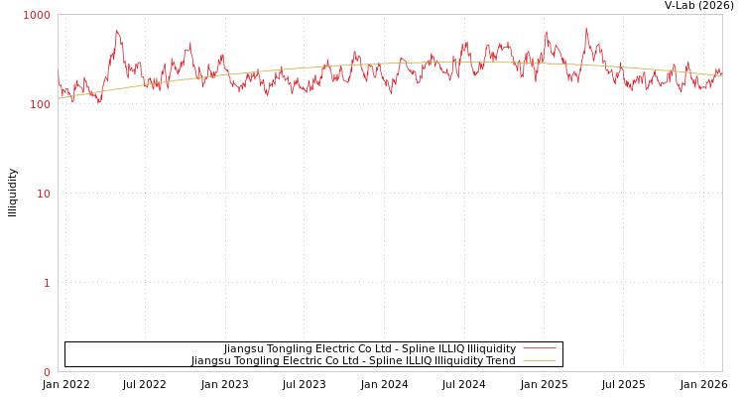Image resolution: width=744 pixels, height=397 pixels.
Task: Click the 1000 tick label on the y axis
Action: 37,15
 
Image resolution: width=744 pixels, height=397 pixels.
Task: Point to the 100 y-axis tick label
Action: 39,104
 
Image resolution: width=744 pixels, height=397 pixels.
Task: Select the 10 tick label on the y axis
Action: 43,194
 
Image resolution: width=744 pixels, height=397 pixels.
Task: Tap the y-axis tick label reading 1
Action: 46,283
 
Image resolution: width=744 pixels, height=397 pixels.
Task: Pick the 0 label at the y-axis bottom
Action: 46,372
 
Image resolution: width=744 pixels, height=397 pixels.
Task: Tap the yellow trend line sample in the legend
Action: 540,361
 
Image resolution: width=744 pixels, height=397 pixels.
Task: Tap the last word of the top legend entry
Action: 491,349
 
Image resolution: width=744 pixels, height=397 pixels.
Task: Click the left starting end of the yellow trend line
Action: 59,98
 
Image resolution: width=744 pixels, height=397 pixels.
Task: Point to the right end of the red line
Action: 721,74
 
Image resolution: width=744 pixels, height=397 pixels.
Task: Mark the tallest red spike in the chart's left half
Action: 117,31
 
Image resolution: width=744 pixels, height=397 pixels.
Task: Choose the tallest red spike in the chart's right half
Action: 585,28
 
